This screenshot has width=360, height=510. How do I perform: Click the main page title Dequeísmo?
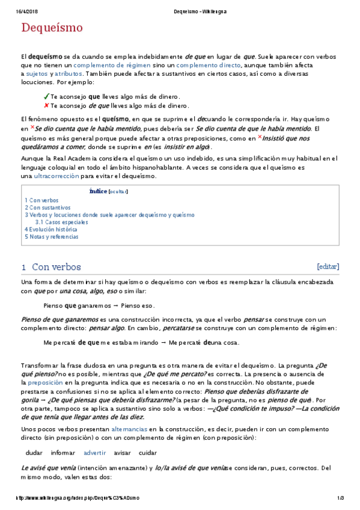coord(52,28)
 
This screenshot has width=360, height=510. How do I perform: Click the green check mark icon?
coord(46,96)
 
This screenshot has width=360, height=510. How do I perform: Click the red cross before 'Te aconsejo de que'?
coord(46,105)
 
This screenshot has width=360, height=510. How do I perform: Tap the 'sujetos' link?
coord(37,73)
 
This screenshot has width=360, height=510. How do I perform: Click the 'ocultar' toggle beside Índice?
coord(118,192)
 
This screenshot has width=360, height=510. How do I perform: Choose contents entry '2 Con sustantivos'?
coord(47,207)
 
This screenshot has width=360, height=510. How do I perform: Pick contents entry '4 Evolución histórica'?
coord(51,229)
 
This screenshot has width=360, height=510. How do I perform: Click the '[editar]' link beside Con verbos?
coord(328,266)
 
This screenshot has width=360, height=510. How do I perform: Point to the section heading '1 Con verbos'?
coord(51,267)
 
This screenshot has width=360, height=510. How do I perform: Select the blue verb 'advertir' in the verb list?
coord(95,452)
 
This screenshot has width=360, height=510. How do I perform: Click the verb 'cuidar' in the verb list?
coord(148,452)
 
